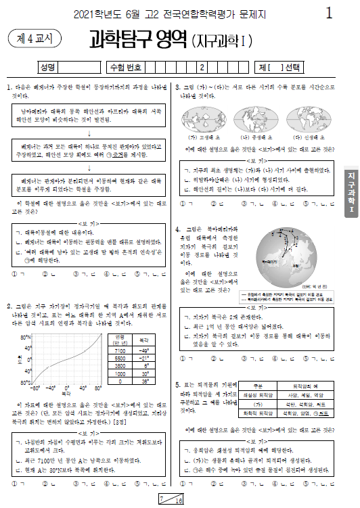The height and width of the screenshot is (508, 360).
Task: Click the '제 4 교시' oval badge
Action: pyautogui.click(x=33, y=39)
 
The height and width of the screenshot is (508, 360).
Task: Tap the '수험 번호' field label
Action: pyautogui.click(x=127, y=67)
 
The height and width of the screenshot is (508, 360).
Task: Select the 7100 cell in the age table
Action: pyautogui.click(x=120, y=351)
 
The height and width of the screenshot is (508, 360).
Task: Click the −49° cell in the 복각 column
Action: pyautogui.click(x=143, y=351)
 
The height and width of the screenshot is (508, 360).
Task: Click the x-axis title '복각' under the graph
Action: pyautogui.click(x=65, y=392)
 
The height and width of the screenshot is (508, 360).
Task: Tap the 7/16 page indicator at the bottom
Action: pyautogui.click(x=171, y=500)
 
